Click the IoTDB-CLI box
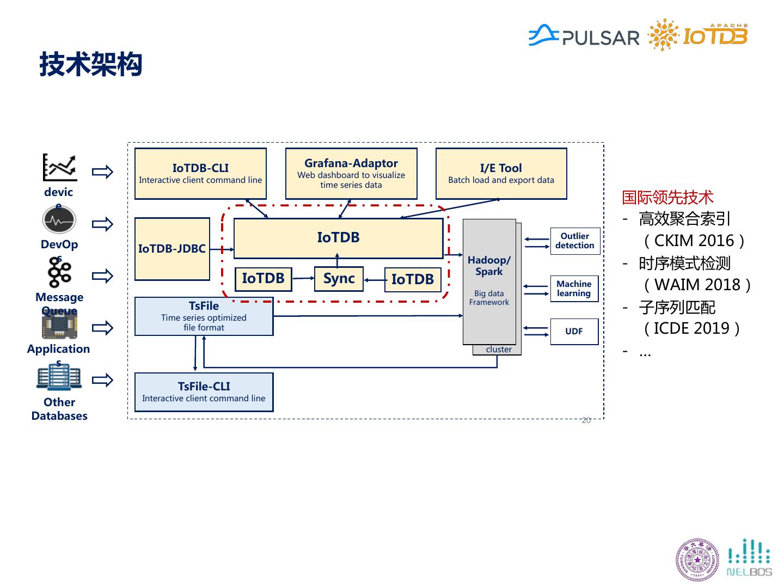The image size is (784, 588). (x=200, y=174)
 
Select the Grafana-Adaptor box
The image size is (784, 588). (x=351, y=174)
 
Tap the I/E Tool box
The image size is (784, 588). (x=501, y=174)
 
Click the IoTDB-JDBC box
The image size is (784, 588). (x=172, y=249)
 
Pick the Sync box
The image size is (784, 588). (x=339, y=279)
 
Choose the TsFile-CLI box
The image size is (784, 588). (x=204, y=392)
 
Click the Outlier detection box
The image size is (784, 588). (x=575, y=241)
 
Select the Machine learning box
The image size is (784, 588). (x=574, y=289)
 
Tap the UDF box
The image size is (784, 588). (x=574, y=331)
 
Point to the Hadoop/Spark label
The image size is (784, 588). (x=489, y=266)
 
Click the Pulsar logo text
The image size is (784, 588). (x=601, y=38)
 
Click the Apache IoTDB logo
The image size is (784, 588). (x=699, y=35)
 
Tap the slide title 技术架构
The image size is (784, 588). (x=91, y=65)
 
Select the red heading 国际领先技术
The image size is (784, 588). (x=667, y=197)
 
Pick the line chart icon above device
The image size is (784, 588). (x=60, y=167)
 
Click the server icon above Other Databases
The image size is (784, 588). (x=59, y=377)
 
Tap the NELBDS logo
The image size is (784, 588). (x=750, y=558)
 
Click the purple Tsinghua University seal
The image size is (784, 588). (x=697, y=560)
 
